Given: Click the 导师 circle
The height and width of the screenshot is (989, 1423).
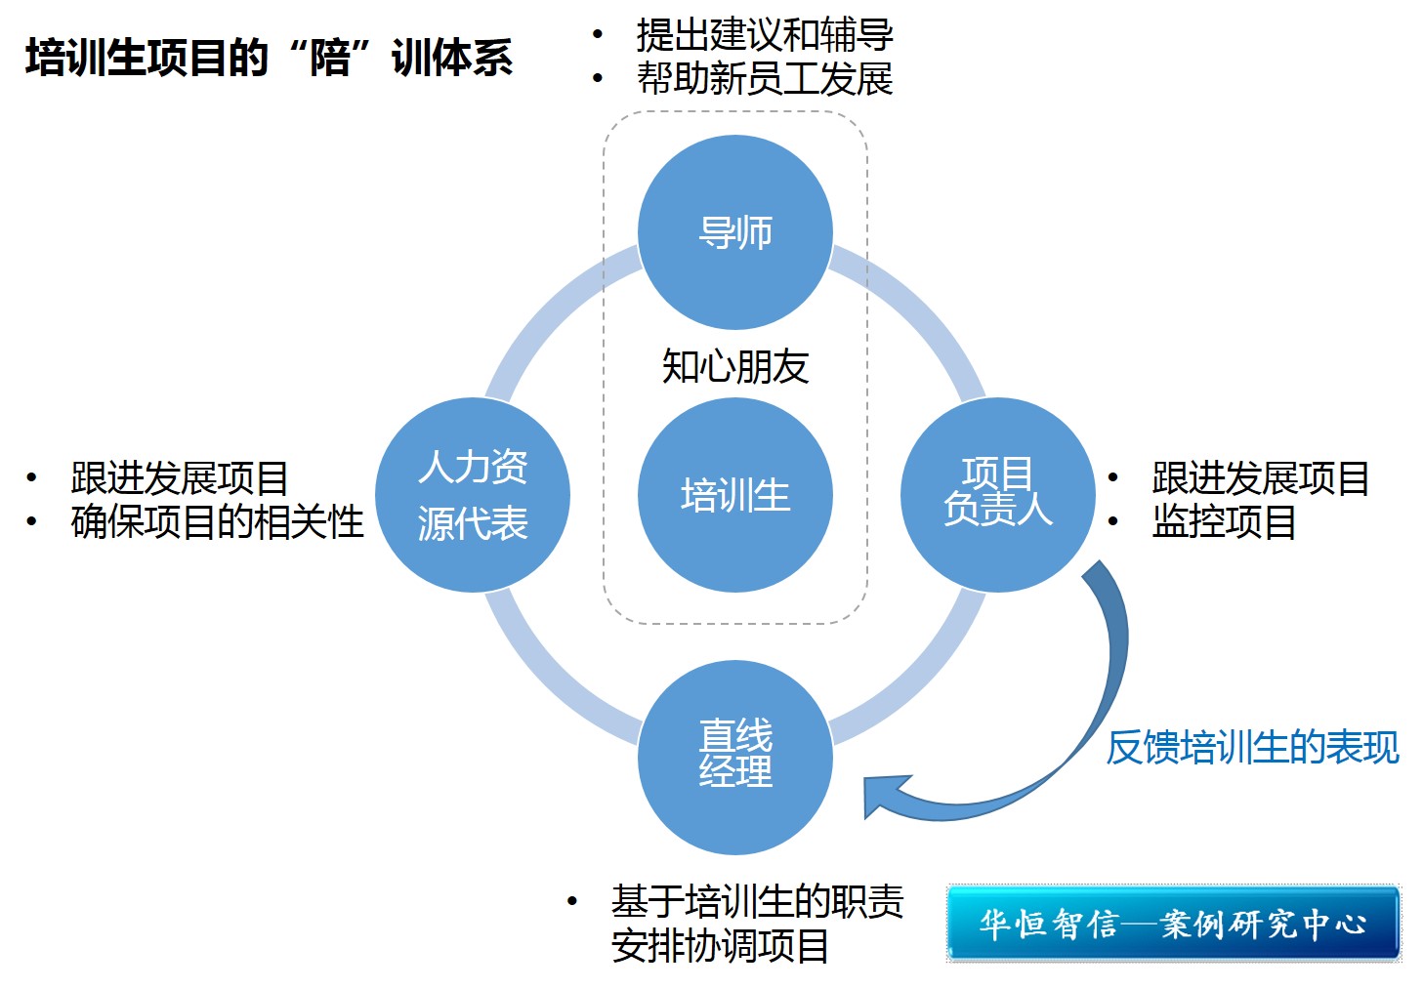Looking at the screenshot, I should pos(734,232).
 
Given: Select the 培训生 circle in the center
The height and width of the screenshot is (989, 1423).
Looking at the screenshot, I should pos(734,495).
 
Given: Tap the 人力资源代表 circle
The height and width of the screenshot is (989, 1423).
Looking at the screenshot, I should pos(473,495).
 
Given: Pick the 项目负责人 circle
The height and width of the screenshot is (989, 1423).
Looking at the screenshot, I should pos(997,495).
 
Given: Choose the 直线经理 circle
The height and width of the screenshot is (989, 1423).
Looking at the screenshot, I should pos(734,757).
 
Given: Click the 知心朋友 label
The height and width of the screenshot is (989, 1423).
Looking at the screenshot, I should pos(734,367).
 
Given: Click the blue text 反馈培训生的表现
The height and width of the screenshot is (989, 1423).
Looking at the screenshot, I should pos(1252,748).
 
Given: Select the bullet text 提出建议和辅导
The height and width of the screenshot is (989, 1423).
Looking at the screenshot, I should pos(764,35).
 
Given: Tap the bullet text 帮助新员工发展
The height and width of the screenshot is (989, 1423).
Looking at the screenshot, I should pos(764,79).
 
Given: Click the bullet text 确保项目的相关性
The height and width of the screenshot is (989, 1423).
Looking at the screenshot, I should pos(217,522).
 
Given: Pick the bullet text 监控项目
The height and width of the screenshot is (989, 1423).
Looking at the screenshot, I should pos(1224,522).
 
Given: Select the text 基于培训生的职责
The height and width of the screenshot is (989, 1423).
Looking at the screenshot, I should pos(757,901).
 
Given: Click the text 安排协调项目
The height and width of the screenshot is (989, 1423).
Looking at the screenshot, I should pos(720,946).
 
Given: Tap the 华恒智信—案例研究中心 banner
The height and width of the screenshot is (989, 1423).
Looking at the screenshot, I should pos(1172,924).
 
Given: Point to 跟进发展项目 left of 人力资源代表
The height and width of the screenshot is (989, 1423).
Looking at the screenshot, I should pos(180,478).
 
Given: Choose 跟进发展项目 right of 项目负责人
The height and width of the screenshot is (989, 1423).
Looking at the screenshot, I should pos(1260,478).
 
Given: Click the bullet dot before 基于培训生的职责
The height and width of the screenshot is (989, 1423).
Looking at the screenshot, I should pos(572,901).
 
